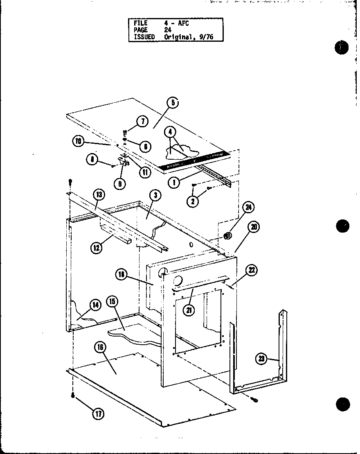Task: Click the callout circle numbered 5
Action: tap(173, 103)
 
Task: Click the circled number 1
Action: tap(175, 182)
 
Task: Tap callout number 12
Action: tap(97, 247)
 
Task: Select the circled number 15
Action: tap(112, 302)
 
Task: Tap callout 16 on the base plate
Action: tap(101, 348)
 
